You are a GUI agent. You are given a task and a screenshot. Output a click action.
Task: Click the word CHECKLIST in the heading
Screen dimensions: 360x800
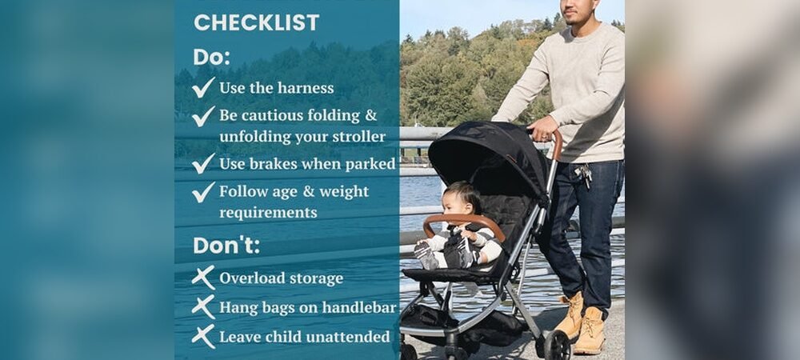[x=256, y=22]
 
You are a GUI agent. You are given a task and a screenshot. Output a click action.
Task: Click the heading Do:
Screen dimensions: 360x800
[x=211, y=58]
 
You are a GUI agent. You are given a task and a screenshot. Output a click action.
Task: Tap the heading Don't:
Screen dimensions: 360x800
[x=226, y=246]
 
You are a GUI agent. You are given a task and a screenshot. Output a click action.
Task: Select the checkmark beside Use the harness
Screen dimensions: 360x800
[x=203, y=87]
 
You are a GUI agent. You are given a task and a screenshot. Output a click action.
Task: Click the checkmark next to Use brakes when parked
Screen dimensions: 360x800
[x=203, y=163]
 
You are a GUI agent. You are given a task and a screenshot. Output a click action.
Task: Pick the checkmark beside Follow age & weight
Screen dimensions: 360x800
[x=203, y=192]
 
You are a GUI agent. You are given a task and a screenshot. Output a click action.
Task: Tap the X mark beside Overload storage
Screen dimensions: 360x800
[x=203, y=278]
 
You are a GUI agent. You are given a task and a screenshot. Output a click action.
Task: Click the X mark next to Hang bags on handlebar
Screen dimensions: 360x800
[x=203, y=306]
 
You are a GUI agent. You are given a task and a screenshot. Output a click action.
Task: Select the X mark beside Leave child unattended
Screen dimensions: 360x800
[x=203, y=336]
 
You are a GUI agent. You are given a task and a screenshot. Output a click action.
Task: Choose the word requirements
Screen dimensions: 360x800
[x=268, y=213]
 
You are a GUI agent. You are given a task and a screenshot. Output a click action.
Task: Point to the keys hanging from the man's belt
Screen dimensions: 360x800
[x=585, y=174]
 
